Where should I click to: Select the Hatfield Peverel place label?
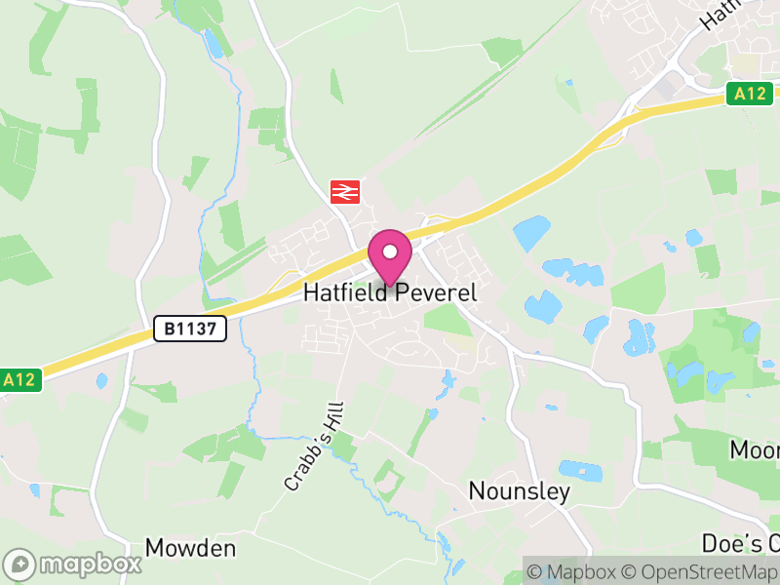390,292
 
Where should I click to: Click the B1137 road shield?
190,330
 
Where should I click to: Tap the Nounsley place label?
519,491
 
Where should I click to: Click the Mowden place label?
190,548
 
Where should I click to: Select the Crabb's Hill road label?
316,449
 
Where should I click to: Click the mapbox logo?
73,564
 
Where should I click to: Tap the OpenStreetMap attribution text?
699,571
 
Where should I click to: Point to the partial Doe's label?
741,543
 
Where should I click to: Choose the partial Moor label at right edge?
755,450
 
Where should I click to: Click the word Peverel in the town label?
435,292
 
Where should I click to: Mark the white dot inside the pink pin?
390,252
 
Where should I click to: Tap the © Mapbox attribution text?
571,571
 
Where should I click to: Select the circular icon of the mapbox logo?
20,564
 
